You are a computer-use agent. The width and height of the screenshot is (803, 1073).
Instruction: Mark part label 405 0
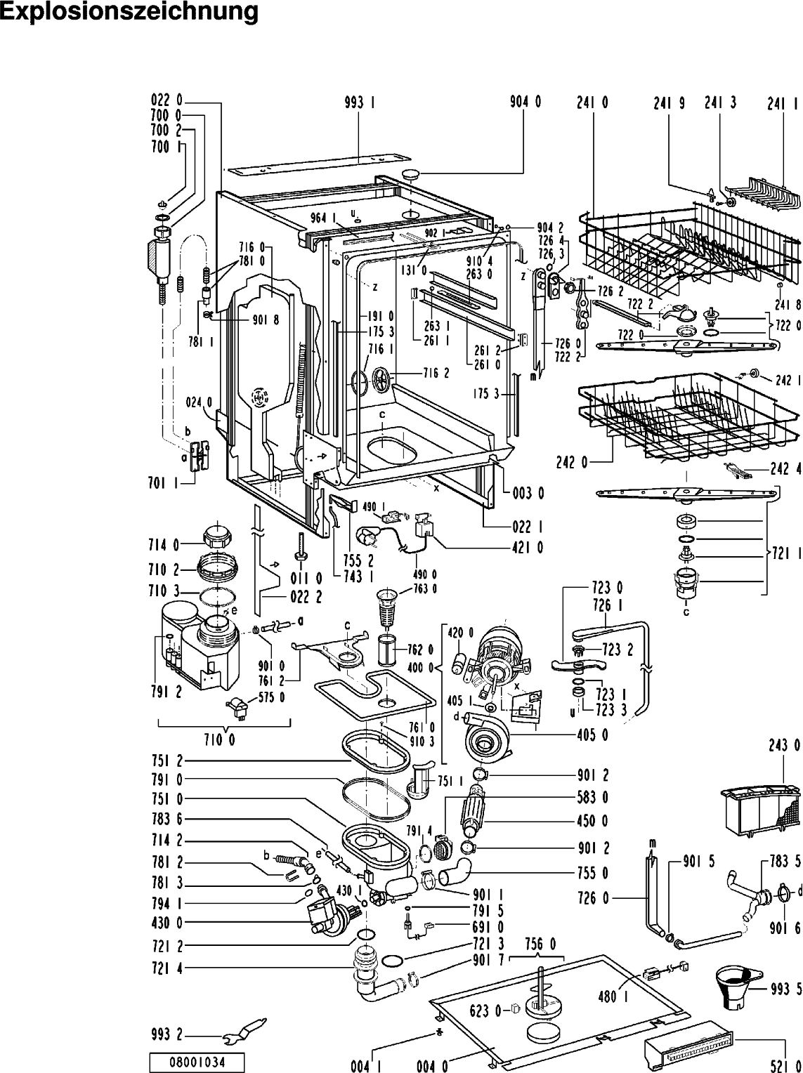point(593,735)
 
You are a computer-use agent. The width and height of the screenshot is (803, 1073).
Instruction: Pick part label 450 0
point(593,821)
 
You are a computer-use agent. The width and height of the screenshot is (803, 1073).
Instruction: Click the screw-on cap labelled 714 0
point(216,536)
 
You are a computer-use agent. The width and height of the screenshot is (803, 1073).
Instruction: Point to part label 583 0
point(593,798)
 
